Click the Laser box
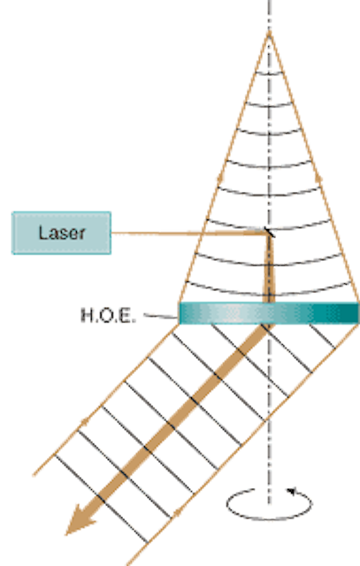click(61, 233)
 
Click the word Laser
click(62, 233)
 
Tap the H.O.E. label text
click(108, 316)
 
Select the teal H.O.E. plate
click(269, 313)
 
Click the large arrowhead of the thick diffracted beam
click(80, 520)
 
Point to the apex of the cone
click(269, 34)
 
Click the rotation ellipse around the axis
click(269, 519)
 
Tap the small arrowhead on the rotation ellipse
click(291, 492)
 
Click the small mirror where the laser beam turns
click(270, 233)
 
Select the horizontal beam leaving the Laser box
click(188, 233)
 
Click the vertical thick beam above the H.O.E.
click(269, 269)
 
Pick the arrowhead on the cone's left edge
click(220, 177)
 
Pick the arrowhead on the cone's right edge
click(318, 177)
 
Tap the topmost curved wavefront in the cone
click(269, 74)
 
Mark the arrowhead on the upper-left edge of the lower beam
click(85, 421)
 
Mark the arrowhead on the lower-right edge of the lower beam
click(177, 512)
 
